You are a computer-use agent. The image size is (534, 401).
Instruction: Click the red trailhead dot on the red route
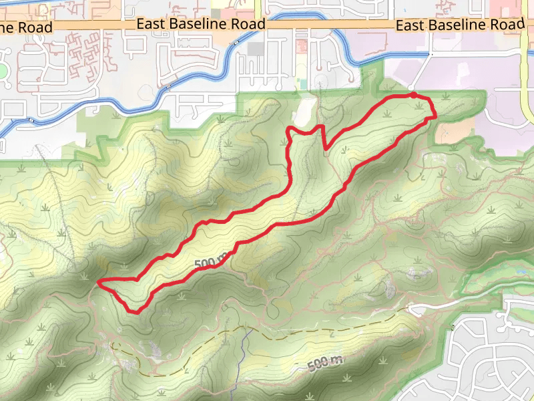click(x=413, y=96)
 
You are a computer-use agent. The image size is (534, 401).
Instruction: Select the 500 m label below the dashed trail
click(x=325, y=364)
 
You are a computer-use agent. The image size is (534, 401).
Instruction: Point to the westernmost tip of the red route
click(x=99, y=283)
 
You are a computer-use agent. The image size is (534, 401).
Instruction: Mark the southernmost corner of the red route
click(x=138, y=311)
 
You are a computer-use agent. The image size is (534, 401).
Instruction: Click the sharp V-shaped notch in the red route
click(x=325, y=149)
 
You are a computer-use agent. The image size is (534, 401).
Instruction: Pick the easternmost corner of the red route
click(x=435, y=116)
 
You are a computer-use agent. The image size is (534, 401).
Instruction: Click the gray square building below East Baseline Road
click(x=256, y=49)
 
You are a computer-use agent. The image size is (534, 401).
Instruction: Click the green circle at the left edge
click(x=2, y=72)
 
